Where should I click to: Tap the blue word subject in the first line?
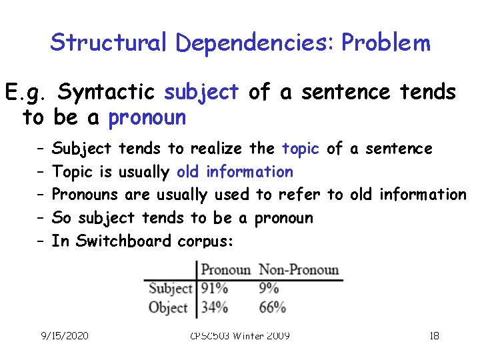(x=201, y=91)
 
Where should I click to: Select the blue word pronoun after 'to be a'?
(x=147, y=118)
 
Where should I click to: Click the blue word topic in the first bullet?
(x=301, y=148)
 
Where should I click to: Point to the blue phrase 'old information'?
(x=235, y=171)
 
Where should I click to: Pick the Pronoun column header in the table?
(x=225, y=270)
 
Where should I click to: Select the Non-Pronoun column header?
(x=299, y=270)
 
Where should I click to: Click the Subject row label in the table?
(x=170, y=289)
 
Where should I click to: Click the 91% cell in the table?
(x=215, y=289)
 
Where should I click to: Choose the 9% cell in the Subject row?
(x=269, y=289)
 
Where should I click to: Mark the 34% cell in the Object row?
(x=215, y=307)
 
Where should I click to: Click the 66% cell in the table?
(x=272, y=307)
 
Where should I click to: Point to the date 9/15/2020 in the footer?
(x=65, y=335)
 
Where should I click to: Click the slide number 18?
(x=434, y=335)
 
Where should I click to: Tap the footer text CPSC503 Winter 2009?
(x=241, y=335)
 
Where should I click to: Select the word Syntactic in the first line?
(x=107, y=91)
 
